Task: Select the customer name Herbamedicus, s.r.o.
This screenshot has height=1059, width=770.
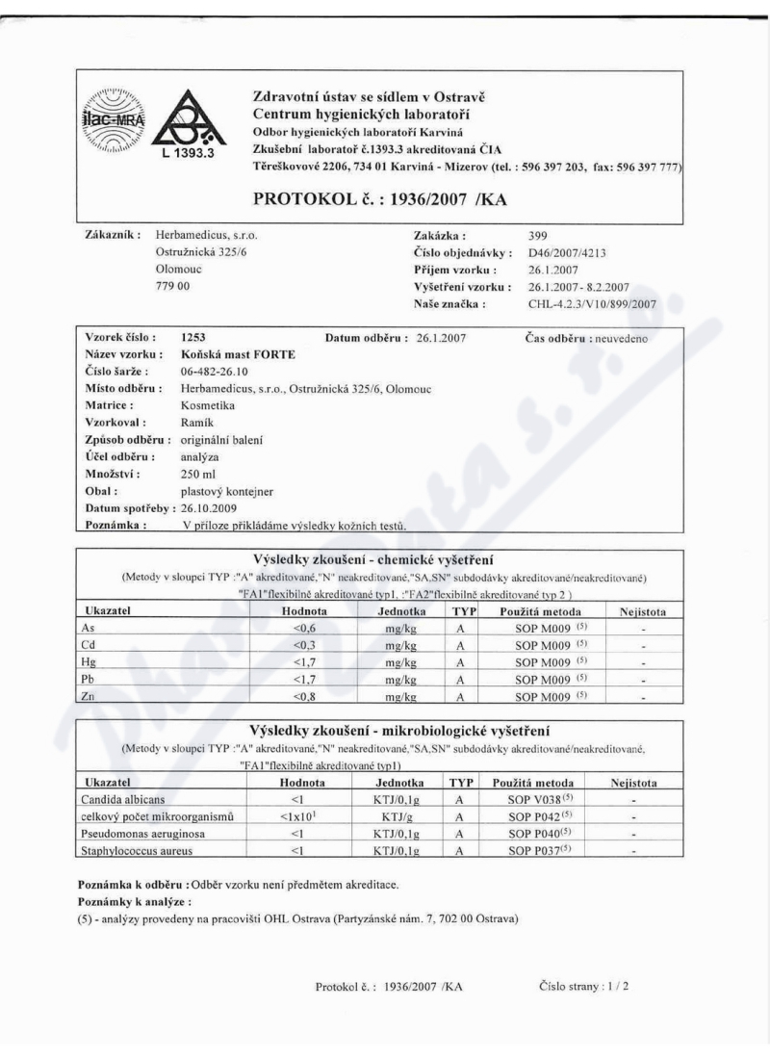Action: pyautogui.click(x=206, y=234)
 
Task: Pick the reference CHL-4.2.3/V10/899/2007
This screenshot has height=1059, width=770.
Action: pyautogui.click(x=593, y=303)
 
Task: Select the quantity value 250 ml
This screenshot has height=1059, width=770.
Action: pyautogui.click(x=197, y=475)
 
